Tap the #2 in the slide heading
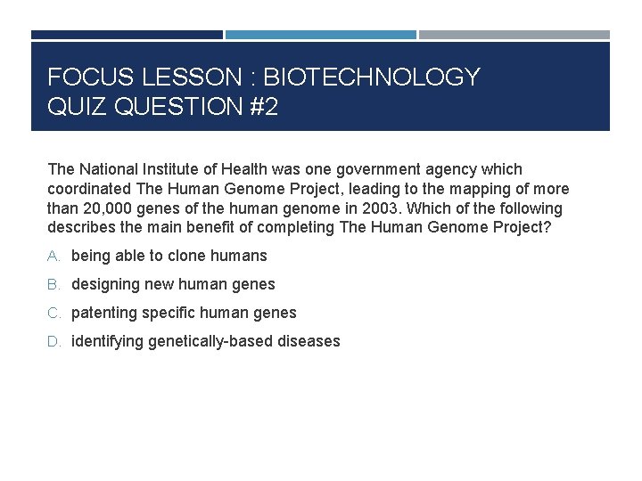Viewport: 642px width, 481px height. pos(259,108)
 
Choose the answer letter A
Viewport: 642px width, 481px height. pos(53,257)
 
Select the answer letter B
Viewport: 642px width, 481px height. pos(53,285)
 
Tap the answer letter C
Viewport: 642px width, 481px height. pos(53,314)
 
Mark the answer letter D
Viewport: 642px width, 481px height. pos(53,342)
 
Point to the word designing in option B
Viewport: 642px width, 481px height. pos(105,285)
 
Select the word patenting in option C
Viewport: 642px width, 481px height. pos(103,314)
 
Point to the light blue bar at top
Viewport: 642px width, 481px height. pos(320,35)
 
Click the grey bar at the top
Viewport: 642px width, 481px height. pos(514,35)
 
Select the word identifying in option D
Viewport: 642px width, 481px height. pos(107,342)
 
